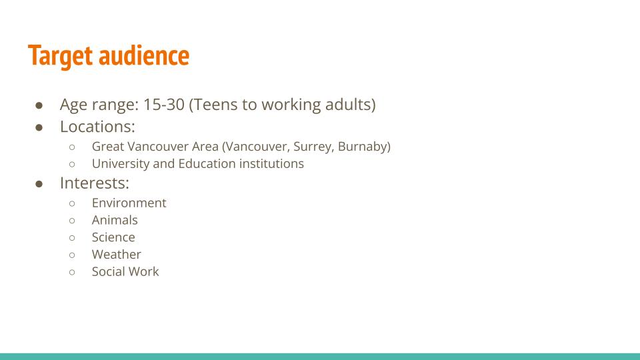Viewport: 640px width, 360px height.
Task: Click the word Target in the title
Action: (x=61, y=56)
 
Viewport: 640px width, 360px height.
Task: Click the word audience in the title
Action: (x=144, y=55)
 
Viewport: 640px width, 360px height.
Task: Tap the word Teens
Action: (x=215, y=105)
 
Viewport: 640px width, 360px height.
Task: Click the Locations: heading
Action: (x=97, y=127)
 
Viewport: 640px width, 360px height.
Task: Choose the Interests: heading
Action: (x=95, y=183)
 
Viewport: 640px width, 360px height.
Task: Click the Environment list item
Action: (x=129, y=203)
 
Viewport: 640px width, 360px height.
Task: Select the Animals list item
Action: (x=115, y=220)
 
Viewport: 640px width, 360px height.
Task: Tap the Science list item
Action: (x=113, y=237)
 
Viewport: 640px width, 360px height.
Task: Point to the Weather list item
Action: (x=116, y=254)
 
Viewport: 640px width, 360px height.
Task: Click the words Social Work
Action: (x=125, y=271)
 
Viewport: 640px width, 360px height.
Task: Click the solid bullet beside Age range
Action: (x=39, y=105)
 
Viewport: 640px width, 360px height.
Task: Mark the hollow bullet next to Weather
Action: (x=72, y=255)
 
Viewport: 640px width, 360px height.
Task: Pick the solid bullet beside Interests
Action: (x=39, y=184)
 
